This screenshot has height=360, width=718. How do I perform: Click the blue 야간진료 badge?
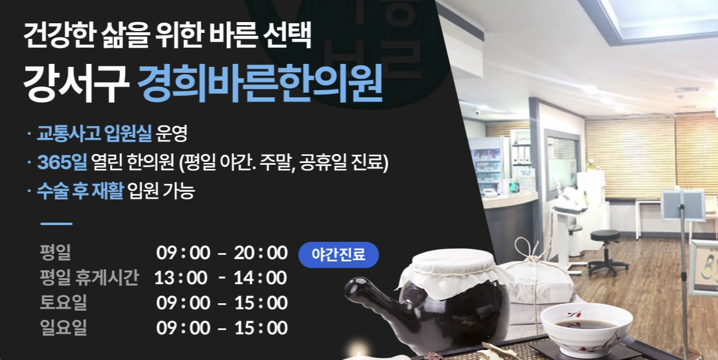tap(338, 254)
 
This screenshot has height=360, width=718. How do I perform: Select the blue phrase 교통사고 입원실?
tap(94, 134)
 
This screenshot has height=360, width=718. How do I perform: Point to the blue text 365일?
tap(62, 162)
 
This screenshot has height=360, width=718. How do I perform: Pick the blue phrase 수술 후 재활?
tap(80, 191)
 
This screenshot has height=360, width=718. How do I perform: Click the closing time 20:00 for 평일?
tap(260, 253)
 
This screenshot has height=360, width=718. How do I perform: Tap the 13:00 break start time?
tap(181, 278)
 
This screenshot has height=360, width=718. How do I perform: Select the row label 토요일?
tap(63, 303)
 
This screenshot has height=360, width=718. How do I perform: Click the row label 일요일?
tap(63, 328)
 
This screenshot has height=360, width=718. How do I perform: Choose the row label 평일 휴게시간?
tap(89, 278)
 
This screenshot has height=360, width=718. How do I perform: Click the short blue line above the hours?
tap(56, 224)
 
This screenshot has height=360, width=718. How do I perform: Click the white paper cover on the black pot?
tap(450, 272)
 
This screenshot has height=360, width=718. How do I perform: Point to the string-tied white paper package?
tap(535, 281)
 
